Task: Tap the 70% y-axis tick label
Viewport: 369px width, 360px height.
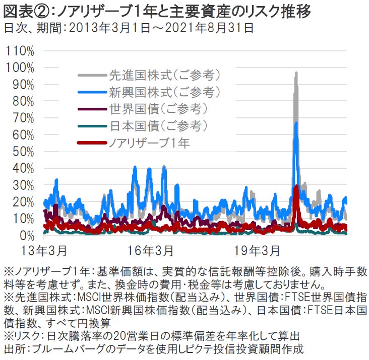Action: (x=22, y=118)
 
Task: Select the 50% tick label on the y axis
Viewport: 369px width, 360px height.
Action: (x=22, y=152)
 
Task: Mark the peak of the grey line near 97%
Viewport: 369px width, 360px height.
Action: (x=296, y=73)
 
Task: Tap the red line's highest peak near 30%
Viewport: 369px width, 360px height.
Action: (x=296, y=186)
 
